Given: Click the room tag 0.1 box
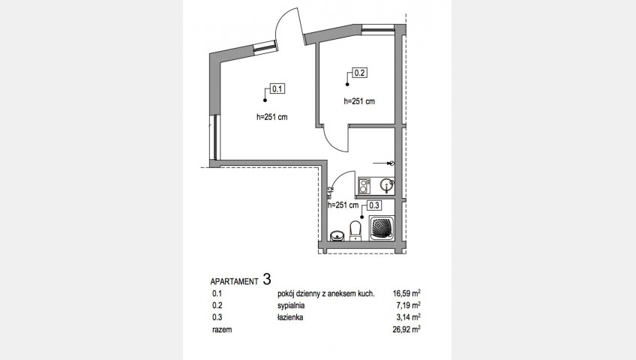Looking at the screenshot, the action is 277,88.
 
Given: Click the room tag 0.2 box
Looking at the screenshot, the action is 360,73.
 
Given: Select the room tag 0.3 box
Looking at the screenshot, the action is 374,205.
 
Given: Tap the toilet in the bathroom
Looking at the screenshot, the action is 355,231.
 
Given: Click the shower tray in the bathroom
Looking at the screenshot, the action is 382,229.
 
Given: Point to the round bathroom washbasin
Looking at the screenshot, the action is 337,235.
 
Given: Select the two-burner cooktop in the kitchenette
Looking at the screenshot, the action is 364,187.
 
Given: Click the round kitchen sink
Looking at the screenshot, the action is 386,186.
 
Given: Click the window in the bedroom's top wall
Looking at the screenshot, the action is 378,28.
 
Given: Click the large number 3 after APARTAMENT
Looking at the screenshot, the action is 267,279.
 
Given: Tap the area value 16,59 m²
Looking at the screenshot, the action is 406,293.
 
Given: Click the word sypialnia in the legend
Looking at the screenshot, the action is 291,306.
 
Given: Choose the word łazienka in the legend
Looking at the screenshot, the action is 290,317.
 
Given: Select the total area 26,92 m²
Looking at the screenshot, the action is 406,329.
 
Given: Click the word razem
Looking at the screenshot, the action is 222,329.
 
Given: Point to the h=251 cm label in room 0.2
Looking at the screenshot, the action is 359,101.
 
